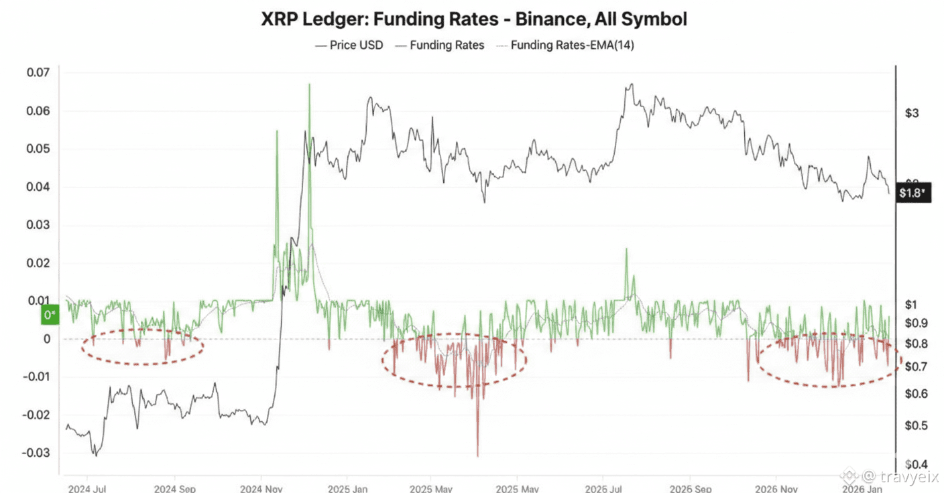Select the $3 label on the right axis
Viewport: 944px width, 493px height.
[911, 113]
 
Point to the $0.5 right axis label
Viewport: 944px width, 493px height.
[915, 426]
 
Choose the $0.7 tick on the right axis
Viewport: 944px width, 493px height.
[915, 367]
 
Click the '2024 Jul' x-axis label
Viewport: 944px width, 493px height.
[88, 487]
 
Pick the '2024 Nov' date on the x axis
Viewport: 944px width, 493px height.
[261, 487]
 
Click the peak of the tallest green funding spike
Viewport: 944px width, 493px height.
[309, 84]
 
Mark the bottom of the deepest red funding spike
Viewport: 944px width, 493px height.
[477, 456]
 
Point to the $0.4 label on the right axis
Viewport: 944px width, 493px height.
[915, 464]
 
